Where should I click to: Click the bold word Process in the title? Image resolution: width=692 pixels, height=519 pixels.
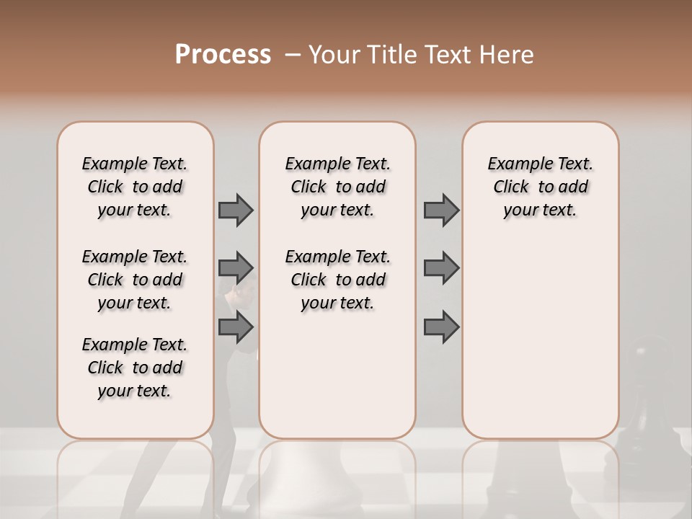click(223, 55)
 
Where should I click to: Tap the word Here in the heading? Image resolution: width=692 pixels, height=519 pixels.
click(505, 55)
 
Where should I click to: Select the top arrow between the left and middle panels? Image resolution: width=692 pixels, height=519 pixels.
click(236, 210)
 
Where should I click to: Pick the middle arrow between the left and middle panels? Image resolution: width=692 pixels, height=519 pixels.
click(236, 268)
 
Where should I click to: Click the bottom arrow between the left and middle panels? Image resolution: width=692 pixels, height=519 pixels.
click(236, 327)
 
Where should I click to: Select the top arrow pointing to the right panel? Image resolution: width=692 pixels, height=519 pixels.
click(441, 210)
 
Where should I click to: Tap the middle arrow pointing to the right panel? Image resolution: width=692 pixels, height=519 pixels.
click(441, 268)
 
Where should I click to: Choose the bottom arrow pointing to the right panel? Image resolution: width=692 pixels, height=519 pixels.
click(441, 327)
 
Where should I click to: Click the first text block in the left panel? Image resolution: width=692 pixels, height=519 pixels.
click(135, 187)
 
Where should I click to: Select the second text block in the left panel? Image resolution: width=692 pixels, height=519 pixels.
click(135, 280)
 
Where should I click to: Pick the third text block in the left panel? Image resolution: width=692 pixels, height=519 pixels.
click(135, 368)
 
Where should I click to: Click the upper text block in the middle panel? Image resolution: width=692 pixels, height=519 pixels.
click(337, 187)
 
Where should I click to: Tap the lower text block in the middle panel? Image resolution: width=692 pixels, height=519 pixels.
click(337, 280)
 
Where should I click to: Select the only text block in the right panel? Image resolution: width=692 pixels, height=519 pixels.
click(540, 187)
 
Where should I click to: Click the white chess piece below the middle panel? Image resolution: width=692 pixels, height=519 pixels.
click(337, 476)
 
